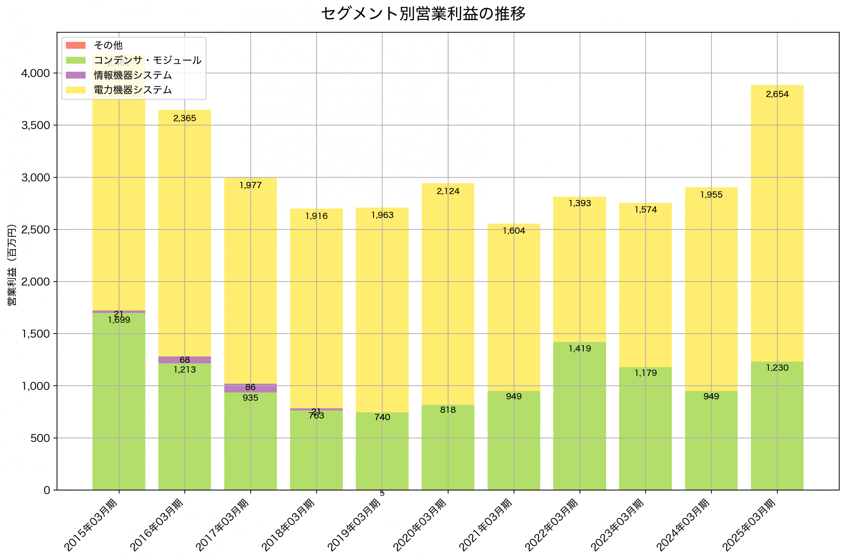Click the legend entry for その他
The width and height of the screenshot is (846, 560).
[x=108, y=45]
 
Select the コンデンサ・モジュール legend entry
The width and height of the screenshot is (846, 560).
[x=147, y=60]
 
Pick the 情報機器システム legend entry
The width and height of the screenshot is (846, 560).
[x=132, y=75]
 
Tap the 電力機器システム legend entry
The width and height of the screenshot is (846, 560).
[x=132, y=90]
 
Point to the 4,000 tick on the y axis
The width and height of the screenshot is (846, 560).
[x=35, y=73]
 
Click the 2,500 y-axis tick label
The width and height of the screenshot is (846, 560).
[x=35, y=230]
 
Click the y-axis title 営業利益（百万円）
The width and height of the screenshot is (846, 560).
[x=12, y=265]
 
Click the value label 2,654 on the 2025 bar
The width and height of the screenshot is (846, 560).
[x=777, y=94]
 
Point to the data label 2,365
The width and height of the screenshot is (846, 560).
[x=184, y=118]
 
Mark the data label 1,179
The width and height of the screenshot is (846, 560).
[x=645, y=373]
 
